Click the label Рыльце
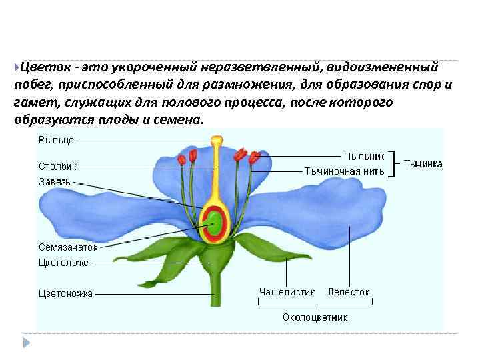(x=56, y=140)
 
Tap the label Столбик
(x=58, y=165)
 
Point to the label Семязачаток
(x=68, y=247)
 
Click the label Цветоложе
(x=63, y=263)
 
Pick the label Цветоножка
(x=66, y=293)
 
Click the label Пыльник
(x=364, y=156)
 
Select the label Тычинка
(x=423, y=163)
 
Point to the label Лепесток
(x=348, y=292)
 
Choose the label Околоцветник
(x=315, y=317)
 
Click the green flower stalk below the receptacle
(x=215, y=287)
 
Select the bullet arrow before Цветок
(x=16, y=67)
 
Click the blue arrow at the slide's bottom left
(x=26, y=343)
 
